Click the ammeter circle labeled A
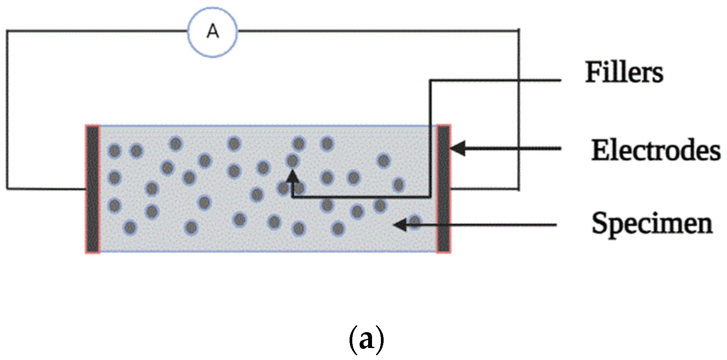tap(212, 32)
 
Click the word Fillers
tap(624, 72)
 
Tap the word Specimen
tap(652, 224)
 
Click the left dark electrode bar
tap(93, 189)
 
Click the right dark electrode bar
tap(444, 189)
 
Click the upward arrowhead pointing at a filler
tap(293, 177)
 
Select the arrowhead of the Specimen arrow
tap(400, 224)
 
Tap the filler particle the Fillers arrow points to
tap(293, 160)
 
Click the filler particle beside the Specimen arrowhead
tap(415, 222)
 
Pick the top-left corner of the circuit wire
tap(7, 31)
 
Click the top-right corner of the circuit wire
tap(519, 30)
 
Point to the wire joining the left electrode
tap(46, 189)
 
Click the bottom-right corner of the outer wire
tap(519, 189)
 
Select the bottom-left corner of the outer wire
tap(7, 189)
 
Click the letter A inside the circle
tap(213, 31)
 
